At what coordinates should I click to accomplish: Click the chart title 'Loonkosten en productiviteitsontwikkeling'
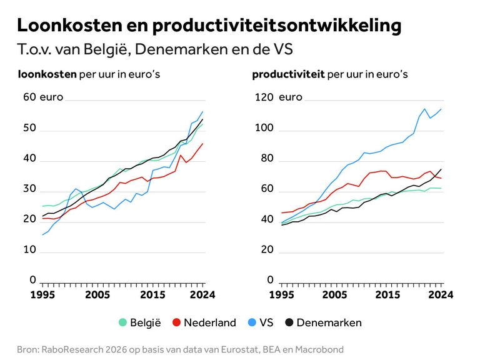click(209, 26)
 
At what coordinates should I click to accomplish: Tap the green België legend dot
click(123, 322)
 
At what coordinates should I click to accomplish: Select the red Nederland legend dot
click(177, 322)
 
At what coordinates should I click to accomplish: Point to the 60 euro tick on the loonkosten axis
click(29, 97)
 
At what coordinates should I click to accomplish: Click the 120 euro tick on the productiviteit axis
click(263, 97)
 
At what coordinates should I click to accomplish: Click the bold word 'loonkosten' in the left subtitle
click(47, 74)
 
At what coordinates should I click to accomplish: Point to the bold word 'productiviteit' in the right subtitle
click(288, 74)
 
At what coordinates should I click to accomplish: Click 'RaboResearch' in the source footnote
click(71, 349)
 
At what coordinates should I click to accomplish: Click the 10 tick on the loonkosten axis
click(29, 250)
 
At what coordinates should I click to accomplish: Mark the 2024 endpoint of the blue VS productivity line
click(441, 109)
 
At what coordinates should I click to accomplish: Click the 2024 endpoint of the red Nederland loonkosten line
click(202, 143)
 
